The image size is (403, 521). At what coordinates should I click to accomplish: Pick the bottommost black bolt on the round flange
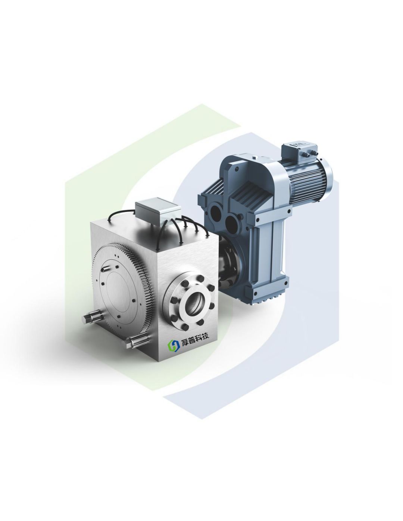click(x=185, y=327)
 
